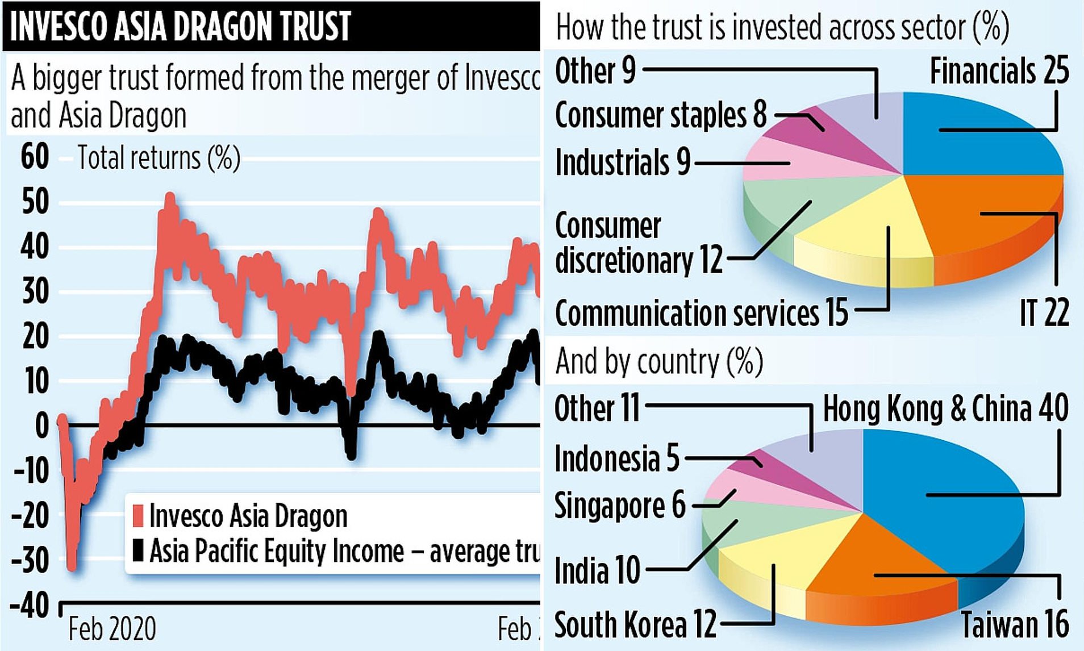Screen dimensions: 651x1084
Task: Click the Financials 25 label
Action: point(999,72)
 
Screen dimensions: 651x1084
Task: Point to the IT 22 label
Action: point(1044,312)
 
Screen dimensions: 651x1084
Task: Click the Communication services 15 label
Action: point(701,313)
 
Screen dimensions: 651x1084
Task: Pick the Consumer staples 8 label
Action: point(661,115)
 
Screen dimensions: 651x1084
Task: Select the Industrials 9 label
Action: point(622,162)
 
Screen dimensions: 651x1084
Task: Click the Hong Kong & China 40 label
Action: point(945,408)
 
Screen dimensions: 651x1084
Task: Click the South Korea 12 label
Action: point(635,625)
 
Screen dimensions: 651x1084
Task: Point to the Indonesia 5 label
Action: point(616,458)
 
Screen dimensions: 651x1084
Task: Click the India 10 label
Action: point(597,570)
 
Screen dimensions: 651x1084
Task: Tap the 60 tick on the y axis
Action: point(35,157)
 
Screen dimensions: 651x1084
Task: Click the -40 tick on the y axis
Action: point(30,606)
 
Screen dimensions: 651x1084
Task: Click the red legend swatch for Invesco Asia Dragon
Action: point(137,515)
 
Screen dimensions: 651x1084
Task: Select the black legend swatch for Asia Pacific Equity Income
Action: point(137,550)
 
